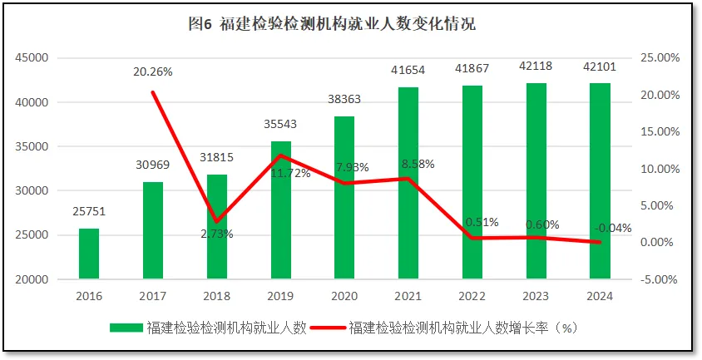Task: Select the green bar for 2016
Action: tap(89, 254)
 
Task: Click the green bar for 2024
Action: tap(600, 181)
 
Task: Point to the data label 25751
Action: tap(89, 212)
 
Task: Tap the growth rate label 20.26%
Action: tap(153, 72)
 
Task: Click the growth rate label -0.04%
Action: tap(612, 228)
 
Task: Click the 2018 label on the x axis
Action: tap(216, 295)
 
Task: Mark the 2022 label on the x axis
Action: tap(472, 295)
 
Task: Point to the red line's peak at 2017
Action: tap(153, 91)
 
